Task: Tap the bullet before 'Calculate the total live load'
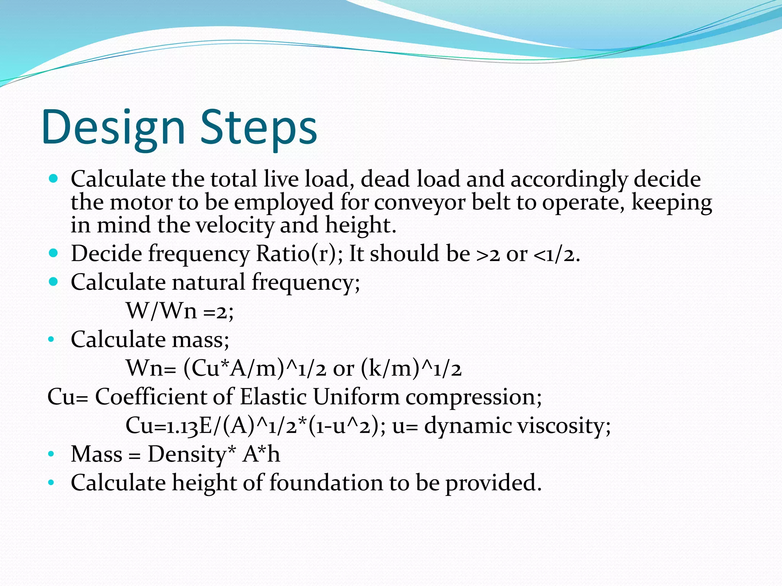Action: pos(54,179)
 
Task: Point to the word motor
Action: pos(141,202)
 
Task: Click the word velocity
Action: pos(234,225)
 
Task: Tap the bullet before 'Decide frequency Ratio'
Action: pos(54,253)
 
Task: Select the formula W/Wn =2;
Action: pos(179,311)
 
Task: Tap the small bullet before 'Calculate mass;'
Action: pos(52,339)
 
